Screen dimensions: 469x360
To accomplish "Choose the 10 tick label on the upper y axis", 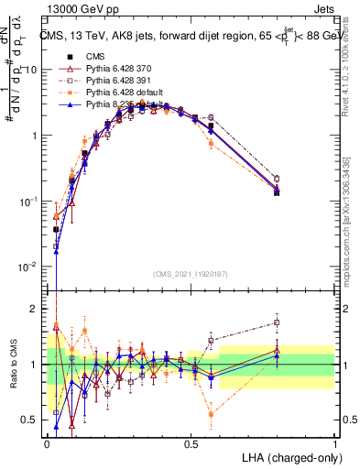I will click(32, 70).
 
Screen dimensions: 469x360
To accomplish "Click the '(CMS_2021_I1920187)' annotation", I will click(191, 272).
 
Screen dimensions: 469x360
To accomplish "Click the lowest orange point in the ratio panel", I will click(212, 414).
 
